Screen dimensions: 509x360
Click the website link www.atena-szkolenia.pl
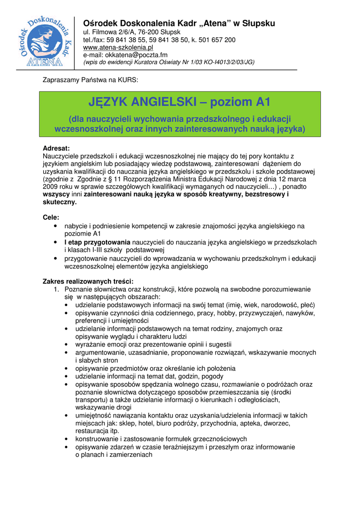tap(118, 47)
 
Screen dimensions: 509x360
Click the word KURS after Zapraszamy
tap(128, 80)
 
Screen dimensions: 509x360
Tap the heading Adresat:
tap(57, 148)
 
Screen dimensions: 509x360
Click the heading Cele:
tap(51, 217)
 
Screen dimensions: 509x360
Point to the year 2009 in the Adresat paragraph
tap(51, 186)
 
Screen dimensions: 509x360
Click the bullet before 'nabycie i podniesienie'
tap(55, 226)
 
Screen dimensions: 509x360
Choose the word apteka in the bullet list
tap(261, 424)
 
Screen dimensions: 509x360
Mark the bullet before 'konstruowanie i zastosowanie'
tap(67, 439)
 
